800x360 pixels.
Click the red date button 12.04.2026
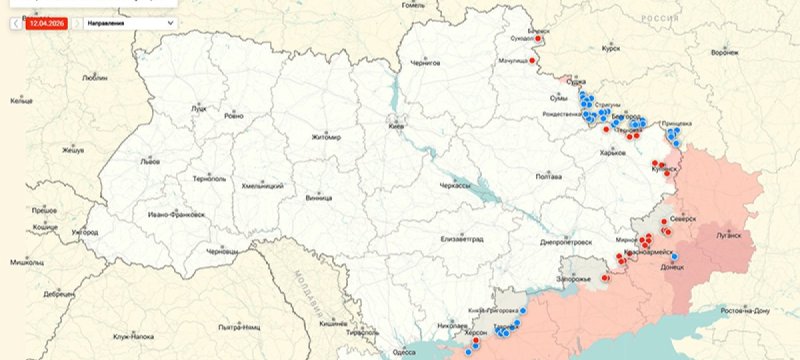coord(47,21)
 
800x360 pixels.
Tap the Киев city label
coord(397,127)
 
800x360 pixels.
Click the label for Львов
coord(150,160)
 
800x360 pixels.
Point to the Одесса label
coord(404,351)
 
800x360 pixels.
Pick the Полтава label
coord(549,176)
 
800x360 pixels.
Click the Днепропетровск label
coord(567,242)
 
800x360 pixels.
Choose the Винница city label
coord(320,198)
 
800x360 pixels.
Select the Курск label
coord(611,47)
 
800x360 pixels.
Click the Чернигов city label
coord(426,62)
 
